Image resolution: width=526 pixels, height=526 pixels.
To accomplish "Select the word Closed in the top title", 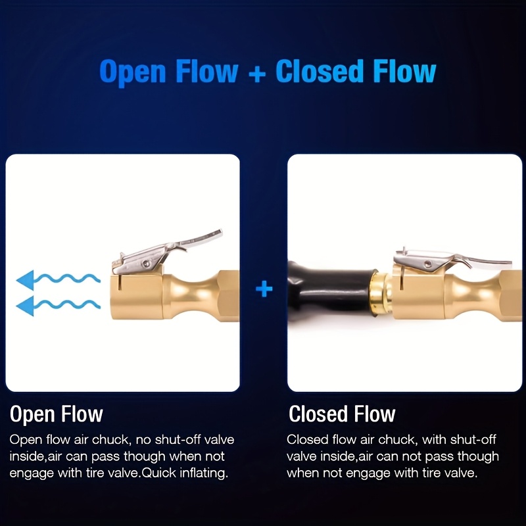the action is pyautogui.click(x=320, y=71).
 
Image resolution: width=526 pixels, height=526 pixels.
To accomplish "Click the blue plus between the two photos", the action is pyautogui.click(x=264, y=289).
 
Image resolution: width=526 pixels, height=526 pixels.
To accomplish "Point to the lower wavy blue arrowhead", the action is pyautogui.click(x=26, y=306).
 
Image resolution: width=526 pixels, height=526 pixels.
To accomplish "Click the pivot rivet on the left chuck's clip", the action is pyautogui.click(x=145, y=264).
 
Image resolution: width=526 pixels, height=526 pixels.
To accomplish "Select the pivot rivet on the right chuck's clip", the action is pyautogui.click(x=427, y=264).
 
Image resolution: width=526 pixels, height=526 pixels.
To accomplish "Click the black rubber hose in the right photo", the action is pyautogui.click(x=331, y=291).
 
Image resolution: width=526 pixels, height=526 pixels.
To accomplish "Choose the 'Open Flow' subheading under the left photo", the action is pyautogui.click(x=57, y=415).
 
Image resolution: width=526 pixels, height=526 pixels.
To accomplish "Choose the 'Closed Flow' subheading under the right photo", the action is pyautogui.click(x=342, y=414).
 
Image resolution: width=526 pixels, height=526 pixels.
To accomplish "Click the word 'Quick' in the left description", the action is pyautogui.click(x=159, y=473).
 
